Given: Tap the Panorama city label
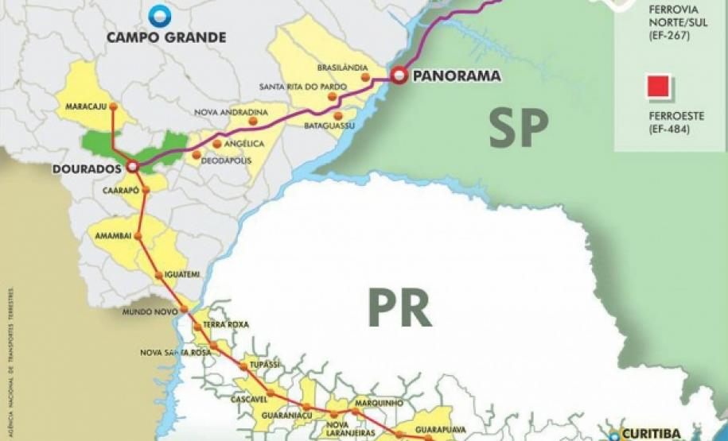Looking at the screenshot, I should coord(457,76).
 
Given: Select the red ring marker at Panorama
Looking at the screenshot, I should coord(399,76).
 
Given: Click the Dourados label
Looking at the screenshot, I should coord(85,168).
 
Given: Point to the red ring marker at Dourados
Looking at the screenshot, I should coord(132,167).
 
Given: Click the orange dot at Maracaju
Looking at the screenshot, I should coord(113,106).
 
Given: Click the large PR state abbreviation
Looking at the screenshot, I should coord(399,308).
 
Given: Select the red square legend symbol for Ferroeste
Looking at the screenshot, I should coord(660,86).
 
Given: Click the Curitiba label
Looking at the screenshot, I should coord(651,434).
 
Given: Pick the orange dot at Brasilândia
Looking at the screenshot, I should coord(365,77).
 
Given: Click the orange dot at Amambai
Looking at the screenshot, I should coord(139,236).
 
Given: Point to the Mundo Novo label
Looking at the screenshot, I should coord(149,311).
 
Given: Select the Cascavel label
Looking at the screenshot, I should coord(249,398).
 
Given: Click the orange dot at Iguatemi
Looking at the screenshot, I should coord(159,275).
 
